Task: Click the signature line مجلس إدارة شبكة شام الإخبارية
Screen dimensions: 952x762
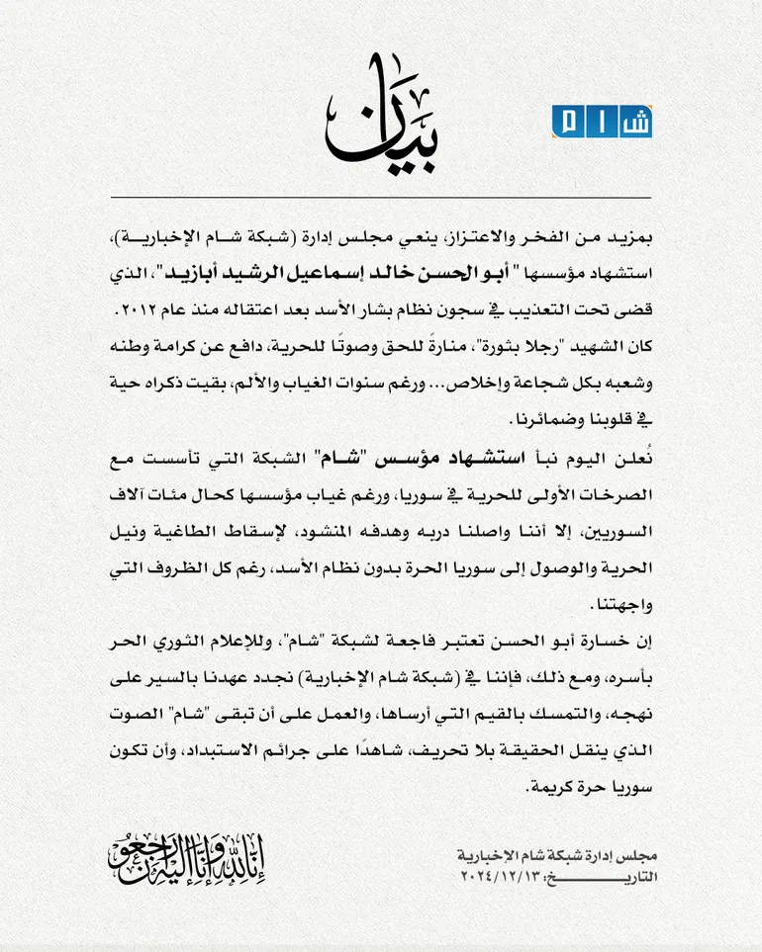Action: coord(559,856)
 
